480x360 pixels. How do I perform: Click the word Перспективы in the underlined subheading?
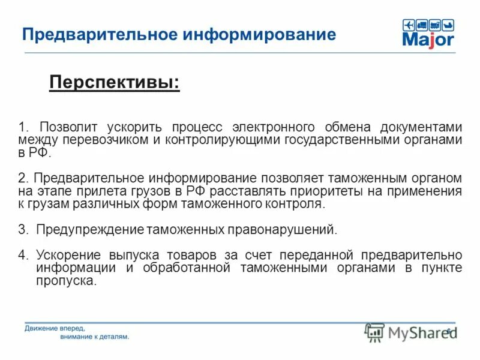click(113, 82)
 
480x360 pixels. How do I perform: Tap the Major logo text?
click(428, 40)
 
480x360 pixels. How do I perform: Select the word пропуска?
click(66, 280)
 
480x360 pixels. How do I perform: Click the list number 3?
click(22, 230)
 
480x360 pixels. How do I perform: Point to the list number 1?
click(22, 127)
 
